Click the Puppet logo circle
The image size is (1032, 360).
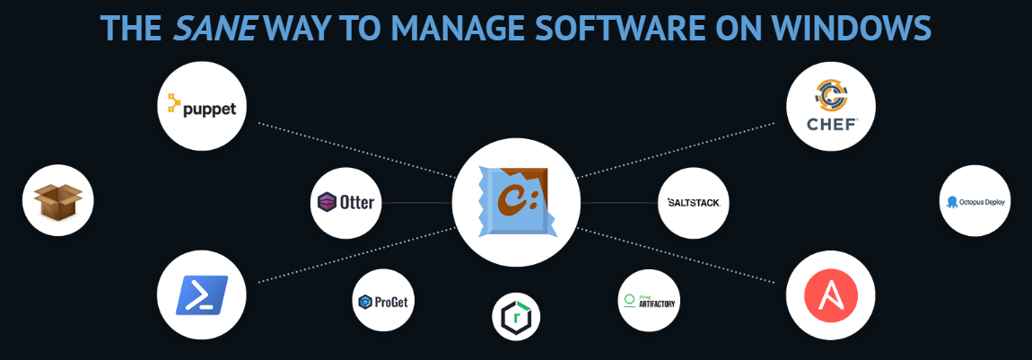[202, 107]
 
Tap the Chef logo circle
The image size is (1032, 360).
[830, 105]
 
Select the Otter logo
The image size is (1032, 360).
[346, 202]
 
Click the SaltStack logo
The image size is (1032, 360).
[694, 202]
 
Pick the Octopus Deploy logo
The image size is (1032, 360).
[976, 201]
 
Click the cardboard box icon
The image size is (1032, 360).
[57, 200]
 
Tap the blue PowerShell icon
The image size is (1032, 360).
[201, 294]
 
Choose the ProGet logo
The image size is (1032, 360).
[383, 302]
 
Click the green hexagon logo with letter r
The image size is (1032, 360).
[518, 315]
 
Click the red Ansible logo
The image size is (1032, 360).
[831, 295]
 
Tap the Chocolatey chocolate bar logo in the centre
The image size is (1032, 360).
[515, 201]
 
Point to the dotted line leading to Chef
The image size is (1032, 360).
[682, 149]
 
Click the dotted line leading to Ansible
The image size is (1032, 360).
[682, 256]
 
